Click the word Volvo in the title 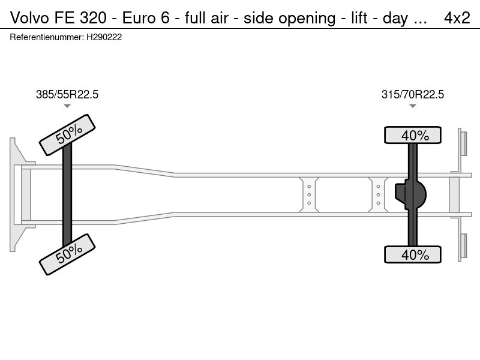29,18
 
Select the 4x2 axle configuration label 457,18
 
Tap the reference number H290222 104,37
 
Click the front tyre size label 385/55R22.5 67,94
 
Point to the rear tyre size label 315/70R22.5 412,94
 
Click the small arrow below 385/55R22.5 67,106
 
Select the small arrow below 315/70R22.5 413,106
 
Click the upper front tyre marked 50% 67,135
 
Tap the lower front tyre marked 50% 67,254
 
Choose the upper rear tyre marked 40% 413,135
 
